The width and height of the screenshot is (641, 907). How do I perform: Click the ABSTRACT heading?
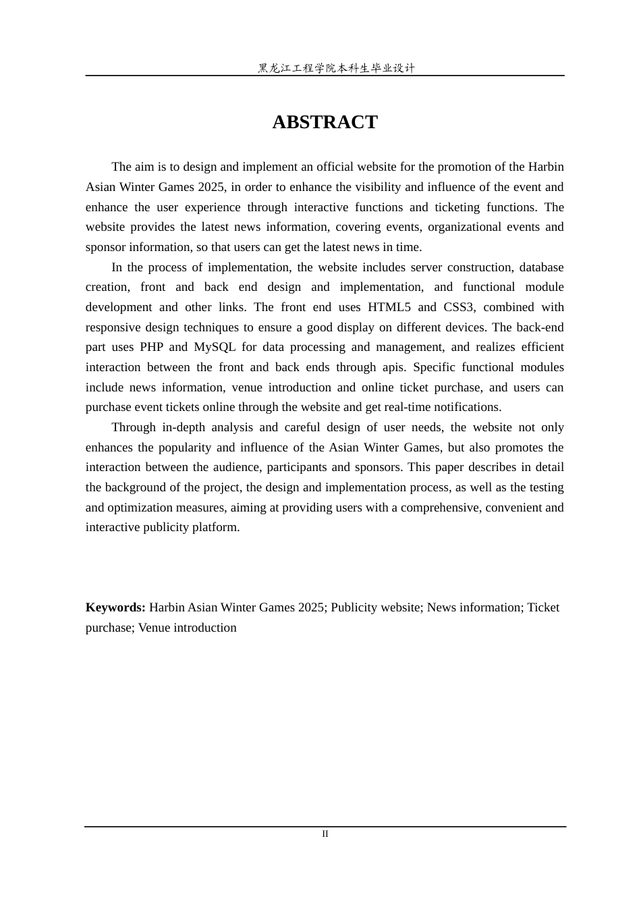tap(325, 122)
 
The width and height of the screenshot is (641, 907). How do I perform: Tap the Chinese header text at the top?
tap(336, 68)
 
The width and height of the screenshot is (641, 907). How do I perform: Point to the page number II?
tap(325, 834)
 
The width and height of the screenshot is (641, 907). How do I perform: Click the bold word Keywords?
tap(115, 607)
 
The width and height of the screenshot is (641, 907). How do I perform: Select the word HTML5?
tap(389, 307)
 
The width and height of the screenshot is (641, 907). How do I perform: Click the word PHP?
tap(152, 347)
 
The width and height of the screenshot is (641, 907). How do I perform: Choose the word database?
tap(541, 267)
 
